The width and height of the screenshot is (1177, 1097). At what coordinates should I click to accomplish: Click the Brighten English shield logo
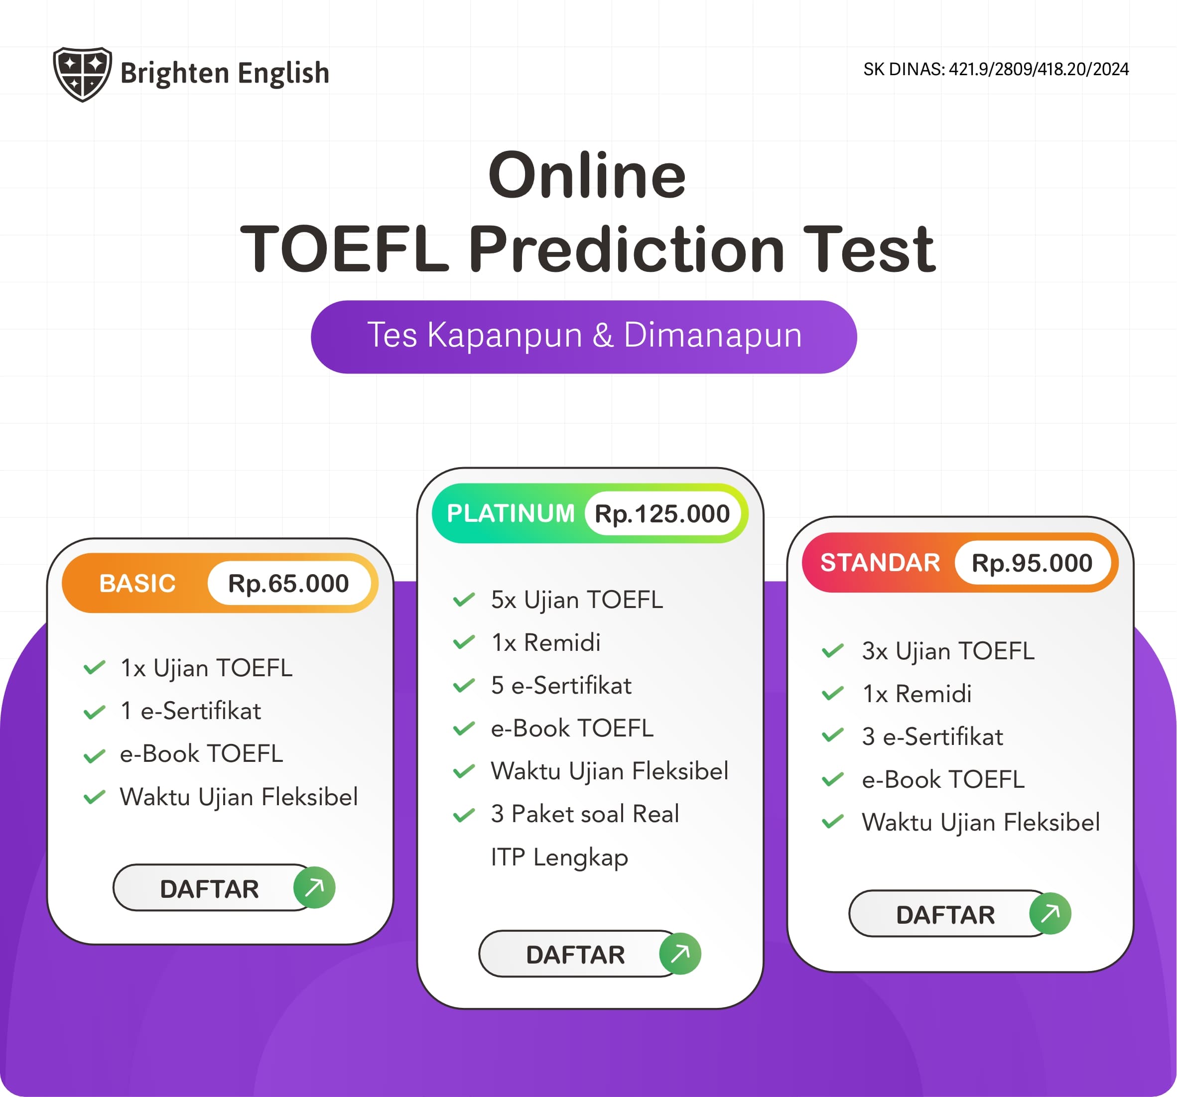coord(82,74)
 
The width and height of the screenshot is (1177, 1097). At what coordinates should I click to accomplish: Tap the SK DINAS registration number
coord(995,69)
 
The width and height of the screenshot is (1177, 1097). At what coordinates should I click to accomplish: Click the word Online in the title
coord(587,175)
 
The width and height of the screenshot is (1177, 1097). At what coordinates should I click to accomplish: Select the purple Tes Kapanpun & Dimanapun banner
coord(584,336)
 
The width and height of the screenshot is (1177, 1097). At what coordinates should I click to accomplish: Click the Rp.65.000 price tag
coord(288,584)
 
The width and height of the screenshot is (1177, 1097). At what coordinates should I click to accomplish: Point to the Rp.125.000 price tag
coord(662,514)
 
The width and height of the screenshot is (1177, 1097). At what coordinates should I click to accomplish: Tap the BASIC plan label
coord(137,584)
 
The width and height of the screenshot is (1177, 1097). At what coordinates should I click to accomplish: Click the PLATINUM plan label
coord(511,513)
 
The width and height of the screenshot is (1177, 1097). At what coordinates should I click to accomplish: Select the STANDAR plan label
coord(880,562)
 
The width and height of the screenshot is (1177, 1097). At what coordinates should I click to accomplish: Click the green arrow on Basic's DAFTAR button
coord(314,887)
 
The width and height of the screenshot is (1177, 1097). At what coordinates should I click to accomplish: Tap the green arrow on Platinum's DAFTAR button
coord(680,953)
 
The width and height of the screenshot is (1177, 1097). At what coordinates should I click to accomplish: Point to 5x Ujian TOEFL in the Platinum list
coord(577,600)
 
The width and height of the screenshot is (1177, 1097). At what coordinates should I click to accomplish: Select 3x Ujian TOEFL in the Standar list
coord(948,651)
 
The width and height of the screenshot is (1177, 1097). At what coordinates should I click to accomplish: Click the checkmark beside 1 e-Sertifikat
coord(95,712)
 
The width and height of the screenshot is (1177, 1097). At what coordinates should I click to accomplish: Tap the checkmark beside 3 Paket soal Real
coord(464,815)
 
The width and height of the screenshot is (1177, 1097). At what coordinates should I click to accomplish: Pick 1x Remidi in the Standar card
coord(916,694)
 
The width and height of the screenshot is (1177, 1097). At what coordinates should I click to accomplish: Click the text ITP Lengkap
coord(559,857)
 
